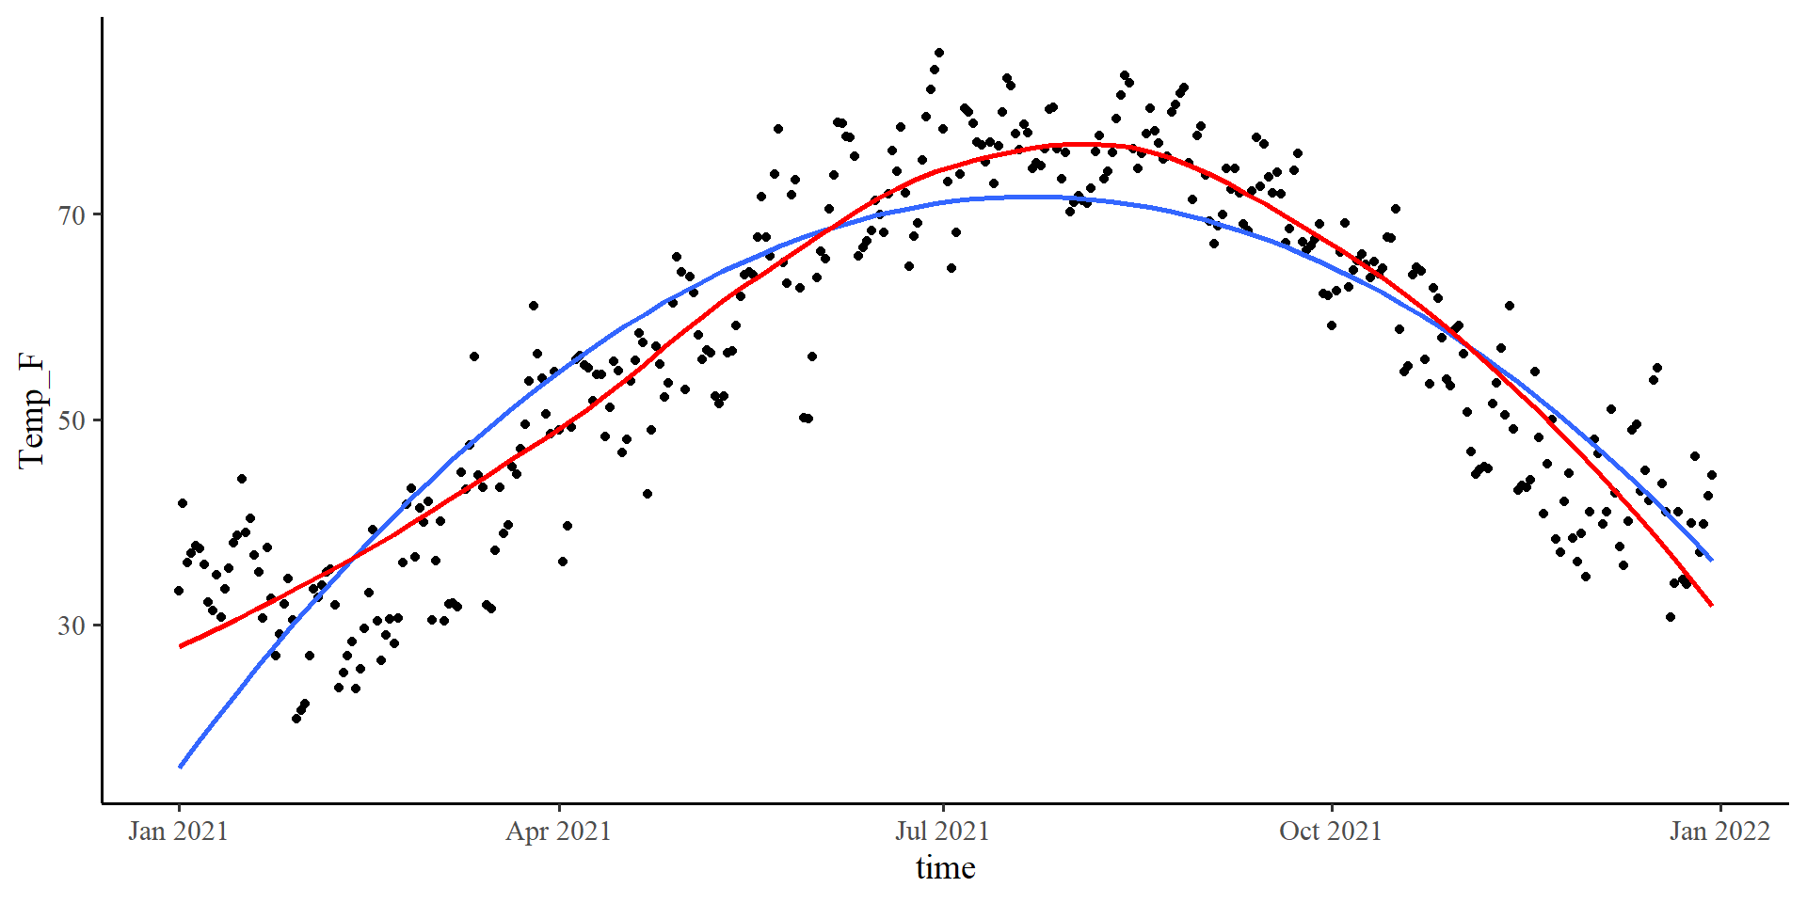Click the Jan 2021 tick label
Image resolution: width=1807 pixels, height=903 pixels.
coord(178,832)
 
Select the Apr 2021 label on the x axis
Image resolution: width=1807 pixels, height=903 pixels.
coord(558,832)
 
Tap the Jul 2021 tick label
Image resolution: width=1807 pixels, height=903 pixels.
coord(942,832)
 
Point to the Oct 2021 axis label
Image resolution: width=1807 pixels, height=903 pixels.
coord(1330,832)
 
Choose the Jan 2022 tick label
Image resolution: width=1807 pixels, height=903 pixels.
coord(1719,832)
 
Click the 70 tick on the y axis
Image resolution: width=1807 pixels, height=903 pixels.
coord(72,215)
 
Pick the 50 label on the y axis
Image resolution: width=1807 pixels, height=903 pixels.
coord(72,420)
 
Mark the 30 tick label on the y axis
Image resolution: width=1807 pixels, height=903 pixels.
coord(72,626)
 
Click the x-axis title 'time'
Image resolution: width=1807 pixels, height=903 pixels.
coord(945,867)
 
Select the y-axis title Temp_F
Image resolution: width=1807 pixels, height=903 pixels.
coord(32,411)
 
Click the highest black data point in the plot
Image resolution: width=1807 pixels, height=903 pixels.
coord(938,53)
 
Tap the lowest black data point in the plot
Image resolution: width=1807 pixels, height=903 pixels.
coord(296,719)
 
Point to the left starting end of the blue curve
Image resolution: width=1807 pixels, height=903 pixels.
coord(180,768)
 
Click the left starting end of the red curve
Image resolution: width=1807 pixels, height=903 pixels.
coord(180,646)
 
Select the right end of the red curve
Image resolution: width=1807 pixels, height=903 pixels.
coord(1712,605)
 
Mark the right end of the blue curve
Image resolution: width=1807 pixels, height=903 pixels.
coord(1712,561)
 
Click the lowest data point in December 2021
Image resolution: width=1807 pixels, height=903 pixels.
coord(1670,617)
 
